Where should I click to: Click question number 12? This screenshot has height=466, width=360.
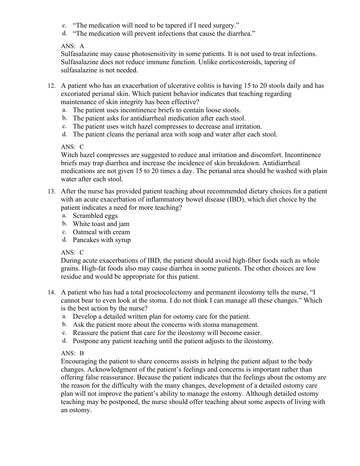(51, 86)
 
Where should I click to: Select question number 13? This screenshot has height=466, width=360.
(51, 192)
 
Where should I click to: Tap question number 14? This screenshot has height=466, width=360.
(51, 293)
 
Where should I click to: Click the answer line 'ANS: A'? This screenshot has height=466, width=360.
(72, 46)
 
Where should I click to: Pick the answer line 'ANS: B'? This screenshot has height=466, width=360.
(72, 353)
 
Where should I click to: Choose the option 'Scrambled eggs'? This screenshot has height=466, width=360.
(95, 216)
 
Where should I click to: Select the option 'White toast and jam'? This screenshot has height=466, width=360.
(101, 224)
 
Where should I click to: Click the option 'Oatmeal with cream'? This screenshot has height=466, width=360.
(101, 232)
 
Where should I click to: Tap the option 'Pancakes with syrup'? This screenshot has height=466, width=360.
(102, 240)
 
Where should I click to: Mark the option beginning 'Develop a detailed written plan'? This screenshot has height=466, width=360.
(162, 317)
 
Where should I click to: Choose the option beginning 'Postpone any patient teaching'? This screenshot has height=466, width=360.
(173, 341)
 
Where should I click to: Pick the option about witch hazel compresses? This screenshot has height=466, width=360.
(167, 126)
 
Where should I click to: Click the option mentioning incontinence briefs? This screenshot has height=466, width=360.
(157, 110)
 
